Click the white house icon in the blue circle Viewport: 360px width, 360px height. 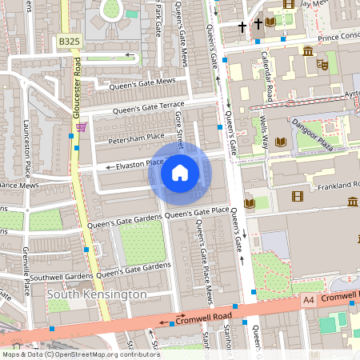pos(180,172)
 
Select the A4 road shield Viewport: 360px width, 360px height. pos(309,299)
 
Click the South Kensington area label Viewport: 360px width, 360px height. pos(97,294)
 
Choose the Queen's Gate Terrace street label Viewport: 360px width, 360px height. pos(148,107)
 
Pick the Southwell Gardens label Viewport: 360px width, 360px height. pos(63,278)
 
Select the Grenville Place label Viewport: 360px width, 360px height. pos(26,272)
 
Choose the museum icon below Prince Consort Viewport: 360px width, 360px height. pos(308,52)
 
